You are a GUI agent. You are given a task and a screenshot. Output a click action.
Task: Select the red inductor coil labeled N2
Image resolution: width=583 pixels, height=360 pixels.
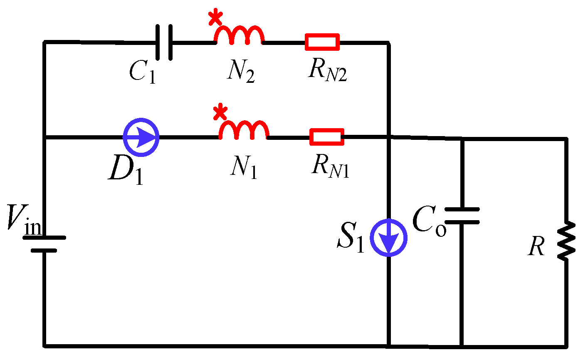[239, 36]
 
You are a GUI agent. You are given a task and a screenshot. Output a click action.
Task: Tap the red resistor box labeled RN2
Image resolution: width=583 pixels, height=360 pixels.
[322, 42]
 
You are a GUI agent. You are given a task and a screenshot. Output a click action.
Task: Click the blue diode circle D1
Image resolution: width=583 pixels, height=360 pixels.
[141, 137]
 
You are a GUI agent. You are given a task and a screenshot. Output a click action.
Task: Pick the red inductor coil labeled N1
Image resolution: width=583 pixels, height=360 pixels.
[244, 131]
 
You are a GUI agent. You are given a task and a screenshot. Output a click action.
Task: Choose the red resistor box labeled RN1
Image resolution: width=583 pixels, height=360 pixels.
[327, 137]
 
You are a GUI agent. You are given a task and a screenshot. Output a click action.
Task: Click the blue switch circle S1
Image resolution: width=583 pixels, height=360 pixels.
[389, 238]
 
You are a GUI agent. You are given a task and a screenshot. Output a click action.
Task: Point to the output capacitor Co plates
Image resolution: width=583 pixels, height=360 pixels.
[462, 216]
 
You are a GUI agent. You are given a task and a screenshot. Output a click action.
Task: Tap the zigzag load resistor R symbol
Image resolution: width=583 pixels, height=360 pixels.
[566, 241]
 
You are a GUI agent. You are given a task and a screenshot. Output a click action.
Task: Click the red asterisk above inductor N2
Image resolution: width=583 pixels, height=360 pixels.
[215, 17]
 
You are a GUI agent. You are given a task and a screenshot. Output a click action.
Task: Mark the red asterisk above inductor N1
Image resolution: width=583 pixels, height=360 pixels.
[220, 112]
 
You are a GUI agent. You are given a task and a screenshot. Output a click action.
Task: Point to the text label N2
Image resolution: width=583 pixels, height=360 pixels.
[241, 73]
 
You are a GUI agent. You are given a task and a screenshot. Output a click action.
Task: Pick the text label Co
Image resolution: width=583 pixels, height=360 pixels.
[429, 223]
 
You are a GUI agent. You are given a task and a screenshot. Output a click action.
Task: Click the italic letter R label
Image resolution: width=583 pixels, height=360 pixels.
[536, 248]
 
